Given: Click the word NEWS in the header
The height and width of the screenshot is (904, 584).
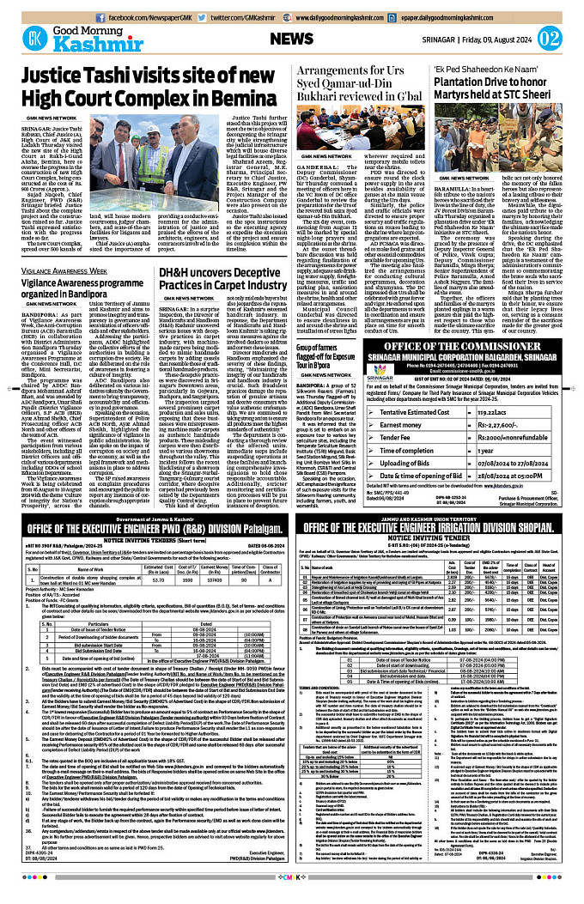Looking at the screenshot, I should (291, 39).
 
